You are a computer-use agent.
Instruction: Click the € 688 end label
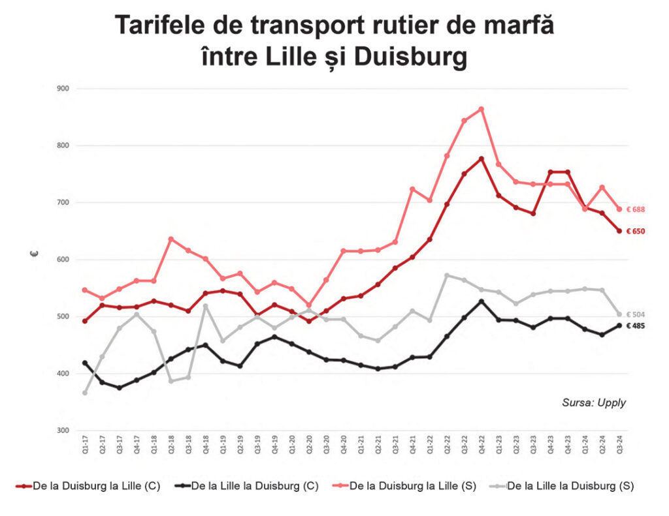tap(636, 209)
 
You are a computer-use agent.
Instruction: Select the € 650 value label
tap(636, 231)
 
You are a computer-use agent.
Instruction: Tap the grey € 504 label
tap(636, 314)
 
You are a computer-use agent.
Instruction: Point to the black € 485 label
tap(636, 326)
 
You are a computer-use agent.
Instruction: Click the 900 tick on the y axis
tap(63, 88)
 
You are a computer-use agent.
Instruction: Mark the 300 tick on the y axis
tap(63, 431)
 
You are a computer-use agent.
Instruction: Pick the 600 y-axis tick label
tap(63, 260)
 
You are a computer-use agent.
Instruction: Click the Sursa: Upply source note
tap(593, 402)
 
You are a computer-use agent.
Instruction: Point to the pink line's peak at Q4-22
tap(481, 109)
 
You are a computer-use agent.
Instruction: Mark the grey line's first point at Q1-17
tap(85, 393)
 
